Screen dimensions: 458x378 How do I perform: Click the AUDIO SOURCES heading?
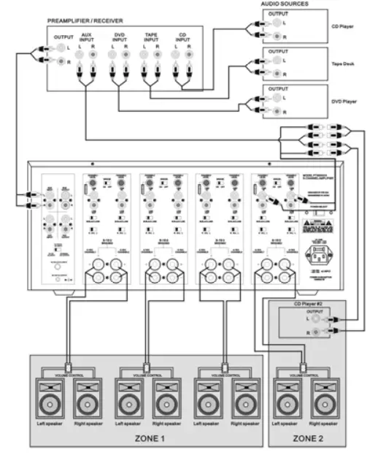(284, 4)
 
